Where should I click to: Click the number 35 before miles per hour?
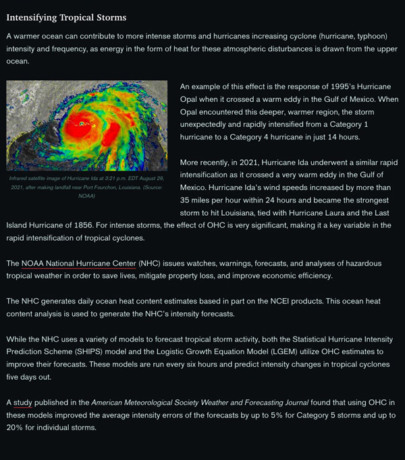click(188, 200)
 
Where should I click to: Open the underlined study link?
click(22, 403)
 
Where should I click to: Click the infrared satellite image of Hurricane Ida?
click(86, 125)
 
